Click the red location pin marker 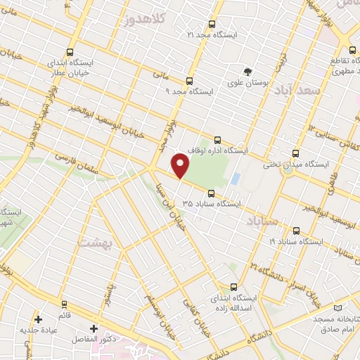coord(181,166)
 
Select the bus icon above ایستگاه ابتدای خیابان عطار coord(70,52)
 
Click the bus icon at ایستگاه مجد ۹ coord(188,81)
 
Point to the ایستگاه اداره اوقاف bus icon coord(217,139)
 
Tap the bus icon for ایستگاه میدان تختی coord(295,153)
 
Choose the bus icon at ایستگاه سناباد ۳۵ coord(210,193)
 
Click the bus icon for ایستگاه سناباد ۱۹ coord(295,230)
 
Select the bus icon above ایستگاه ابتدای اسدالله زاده coord(235,286)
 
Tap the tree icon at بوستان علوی coord(247,72)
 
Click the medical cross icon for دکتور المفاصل coord(94,328)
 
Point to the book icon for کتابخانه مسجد coord(338,308)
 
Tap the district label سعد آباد coord(307,92)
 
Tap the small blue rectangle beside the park coord(236,179)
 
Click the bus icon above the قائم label coord(65,305)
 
